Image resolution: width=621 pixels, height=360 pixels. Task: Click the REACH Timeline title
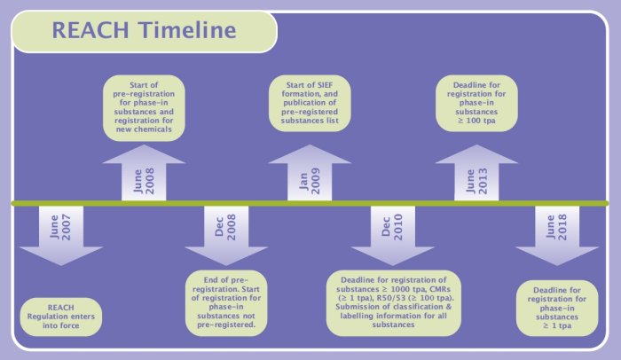pyautogui.click(x=144, y=30)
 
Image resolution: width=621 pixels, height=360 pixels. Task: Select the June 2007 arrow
pyautogui.click(x=61, y=235)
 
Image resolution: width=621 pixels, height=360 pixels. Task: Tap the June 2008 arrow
pyautogui.click(x=144, y=173)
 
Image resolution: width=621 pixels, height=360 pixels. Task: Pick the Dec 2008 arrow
pyautogui.click(x=226, y=235)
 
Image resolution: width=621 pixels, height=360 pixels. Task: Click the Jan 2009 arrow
pyautogui.click(x=310, y=173)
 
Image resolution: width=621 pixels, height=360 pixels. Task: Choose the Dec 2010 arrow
pyautogui.click(x=392, y=235)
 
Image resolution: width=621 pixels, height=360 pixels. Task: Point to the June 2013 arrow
pyautogui.click(x=476, y=173)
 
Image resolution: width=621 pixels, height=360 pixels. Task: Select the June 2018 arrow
pyautogui.click(x=557, y=235)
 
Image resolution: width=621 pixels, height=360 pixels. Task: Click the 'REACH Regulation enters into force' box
pyautogui.click(x=61, y=317)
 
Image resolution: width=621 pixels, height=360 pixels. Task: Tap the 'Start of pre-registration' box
pyautogui.click(x=144, y=107)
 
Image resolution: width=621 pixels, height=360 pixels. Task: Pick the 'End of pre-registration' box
pyautogui.click(x=226, y=302)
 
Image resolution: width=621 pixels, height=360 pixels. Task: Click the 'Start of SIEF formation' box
pyautogui.click(x=310, y=103)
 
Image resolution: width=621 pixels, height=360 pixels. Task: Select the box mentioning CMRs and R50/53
pyautogui.click(x=393, y=302)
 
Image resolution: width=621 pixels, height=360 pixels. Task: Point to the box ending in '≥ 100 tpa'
pyautogui.click(x=476, y=103)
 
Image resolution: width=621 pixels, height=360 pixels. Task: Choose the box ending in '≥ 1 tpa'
pyautogui.click(x=557, y=308)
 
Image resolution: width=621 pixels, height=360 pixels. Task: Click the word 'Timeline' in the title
pyautogui.click(x=187, y=30)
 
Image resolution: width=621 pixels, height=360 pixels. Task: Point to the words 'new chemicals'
pyautogui.click(x=144, y=129)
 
